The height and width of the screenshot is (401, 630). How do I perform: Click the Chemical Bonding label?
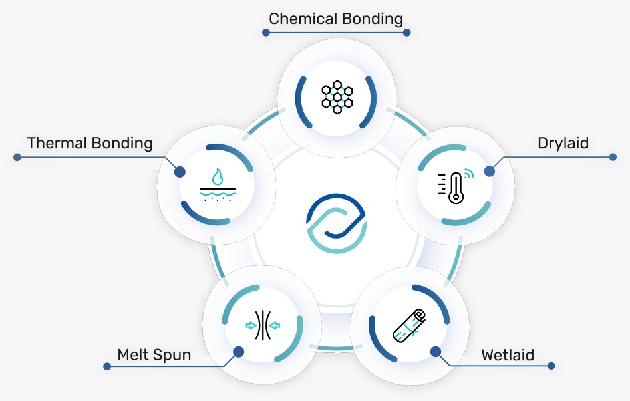[336, 18]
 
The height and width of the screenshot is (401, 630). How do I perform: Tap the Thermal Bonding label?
[90, 143]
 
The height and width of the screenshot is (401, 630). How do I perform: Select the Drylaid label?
[563, 143]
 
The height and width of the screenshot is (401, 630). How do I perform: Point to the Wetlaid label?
[508, 355]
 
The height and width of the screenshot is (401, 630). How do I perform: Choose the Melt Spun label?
[154, 355]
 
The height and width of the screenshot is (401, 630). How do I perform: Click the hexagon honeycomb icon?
[336, 95]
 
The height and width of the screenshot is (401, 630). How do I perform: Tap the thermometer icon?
[455, 187]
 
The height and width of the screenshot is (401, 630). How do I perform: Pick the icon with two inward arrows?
[263, 325]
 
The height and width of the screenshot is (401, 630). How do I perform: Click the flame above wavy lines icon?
[217, 185]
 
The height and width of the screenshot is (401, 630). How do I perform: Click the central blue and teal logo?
[336, 223]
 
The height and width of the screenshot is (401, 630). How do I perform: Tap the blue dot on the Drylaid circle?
[490, 171]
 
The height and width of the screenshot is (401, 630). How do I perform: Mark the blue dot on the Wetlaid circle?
[435, 351]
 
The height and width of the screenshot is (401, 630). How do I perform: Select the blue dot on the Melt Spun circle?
[237, 351]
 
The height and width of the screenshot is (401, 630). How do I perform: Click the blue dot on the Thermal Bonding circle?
[180, 171]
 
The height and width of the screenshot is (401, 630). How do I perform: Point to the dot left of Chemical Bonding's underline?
[266, 32]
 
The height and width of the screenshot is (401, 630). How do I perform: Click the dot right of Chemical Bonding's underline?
[407, 32]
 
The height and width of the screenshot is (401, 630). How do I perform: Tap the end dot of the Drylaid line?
[613, 158]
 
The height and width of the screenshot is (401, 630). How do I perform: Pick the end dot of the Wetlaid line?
[551, 366]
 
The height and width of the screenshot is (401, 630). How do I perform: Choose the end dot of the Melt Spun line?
[106, 366]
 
